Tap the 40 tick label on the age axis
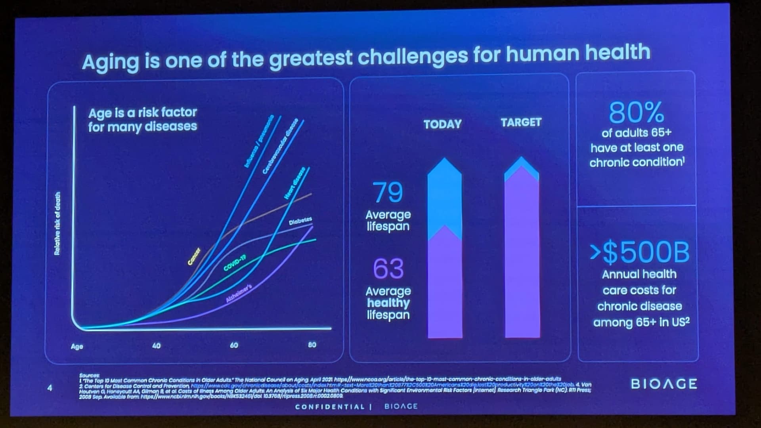157,345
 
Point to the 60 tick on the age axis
234,345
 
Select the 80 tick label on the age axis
312,344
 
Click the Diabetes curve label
300,221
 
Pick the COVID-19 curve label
235,263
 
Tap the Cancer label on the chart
194,256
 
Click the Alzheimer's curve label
239,294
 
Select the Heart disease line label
294,183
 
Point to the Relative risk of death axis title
57,223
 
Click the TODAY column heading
442,124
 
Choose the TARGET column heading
521,122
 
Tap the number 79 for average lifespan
388,192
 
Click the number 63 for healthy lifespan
388,269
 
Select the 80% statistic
636,112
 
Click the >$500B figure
639,253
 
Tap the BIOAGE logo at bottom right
664,384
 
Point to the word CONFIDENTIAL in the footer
330,407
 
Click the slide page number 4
50,388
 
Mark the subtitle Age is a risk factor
143,113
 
